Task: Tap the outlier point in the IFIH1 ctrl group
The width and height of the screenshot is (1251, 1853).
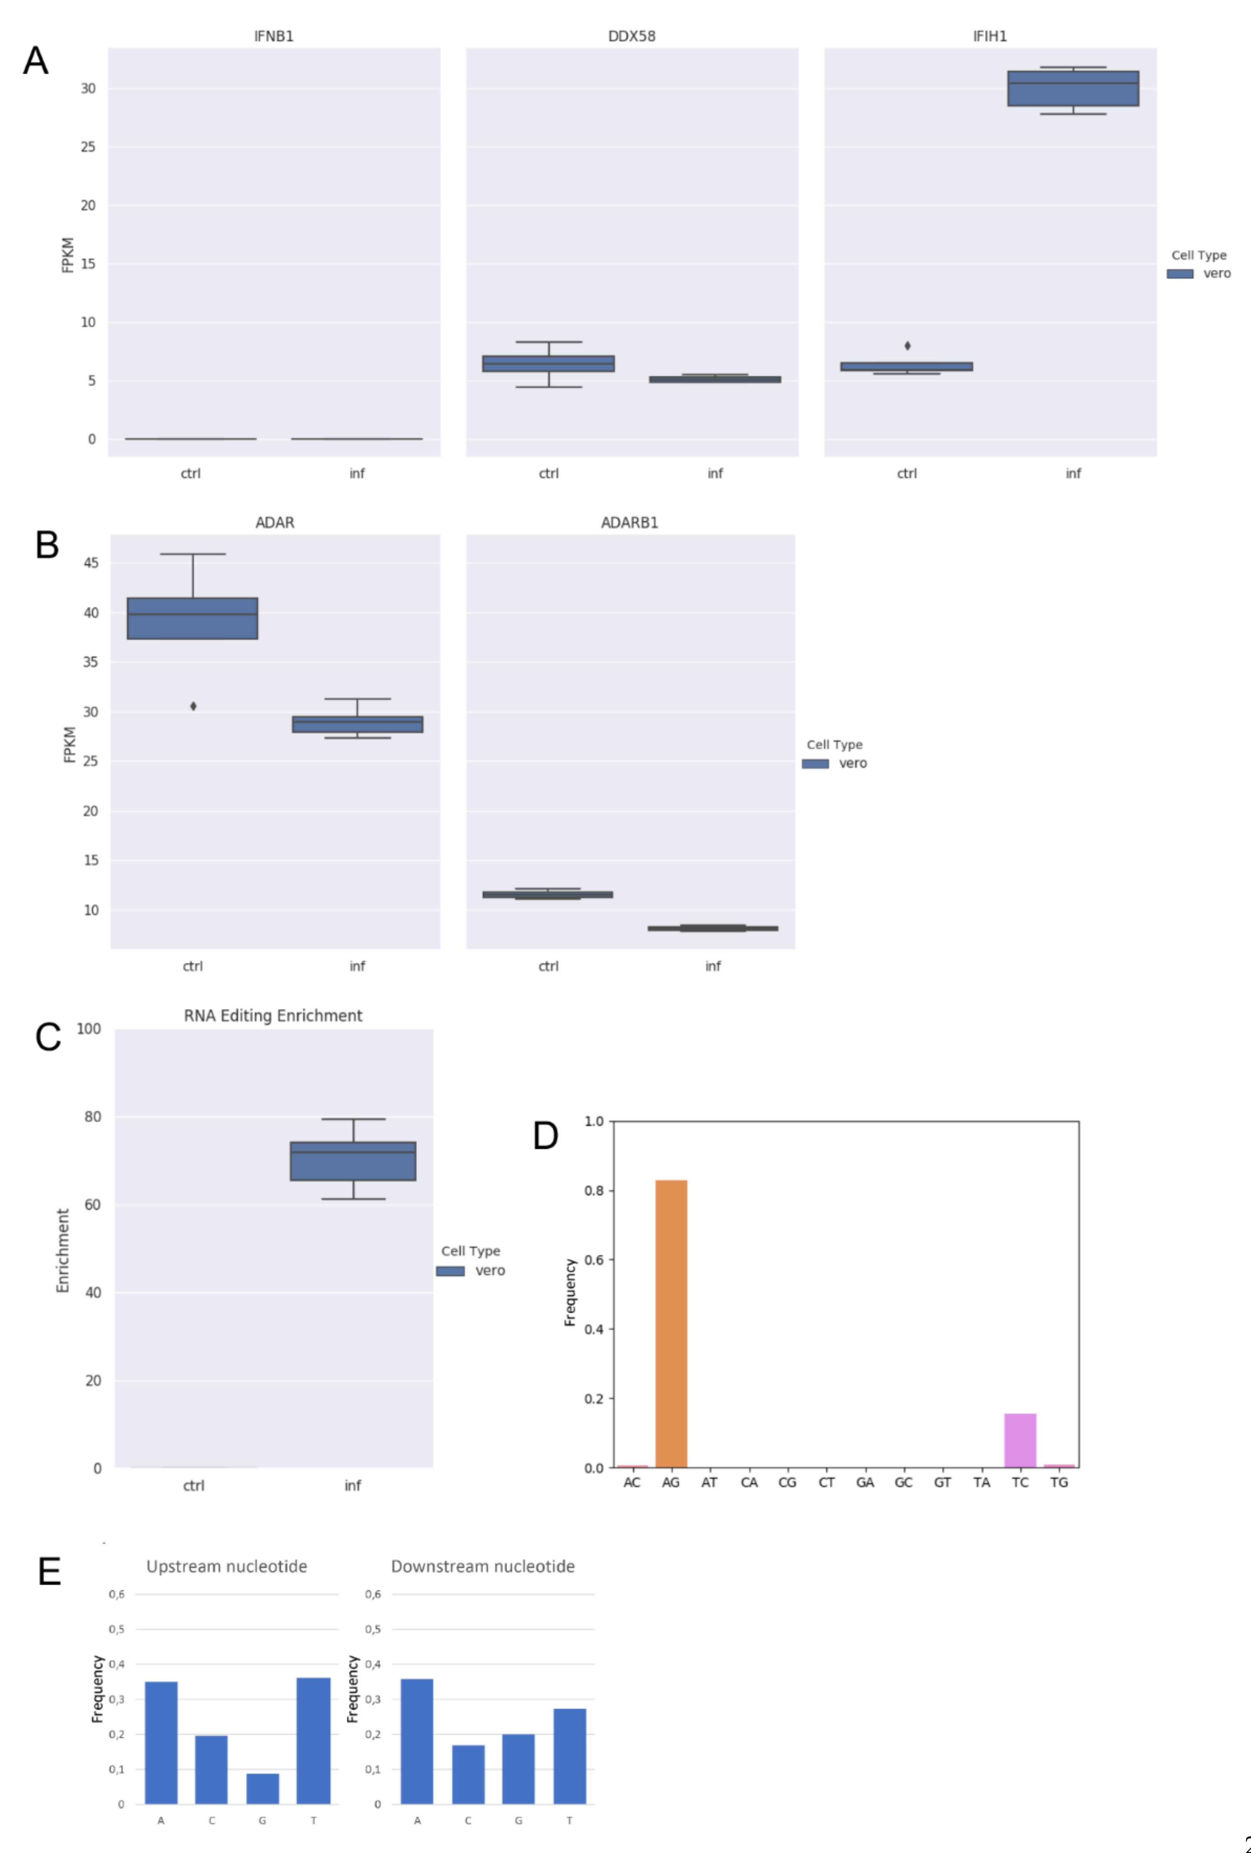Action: click(908, 345)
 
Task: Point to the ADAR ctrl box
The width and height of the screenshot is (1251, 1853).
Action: click(192, 618)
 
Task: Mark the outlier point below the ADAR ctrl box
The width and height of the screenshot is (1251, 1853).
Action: click(193, 706)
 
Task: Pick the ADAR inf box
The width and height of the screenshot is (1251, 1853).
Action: click(357, 724)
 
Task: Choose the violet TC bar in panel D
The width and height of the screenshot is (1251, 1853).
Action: click(1020, 1440)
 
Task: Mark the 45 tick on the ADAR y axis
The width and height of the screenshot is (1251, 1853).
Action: click(91, 563)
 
